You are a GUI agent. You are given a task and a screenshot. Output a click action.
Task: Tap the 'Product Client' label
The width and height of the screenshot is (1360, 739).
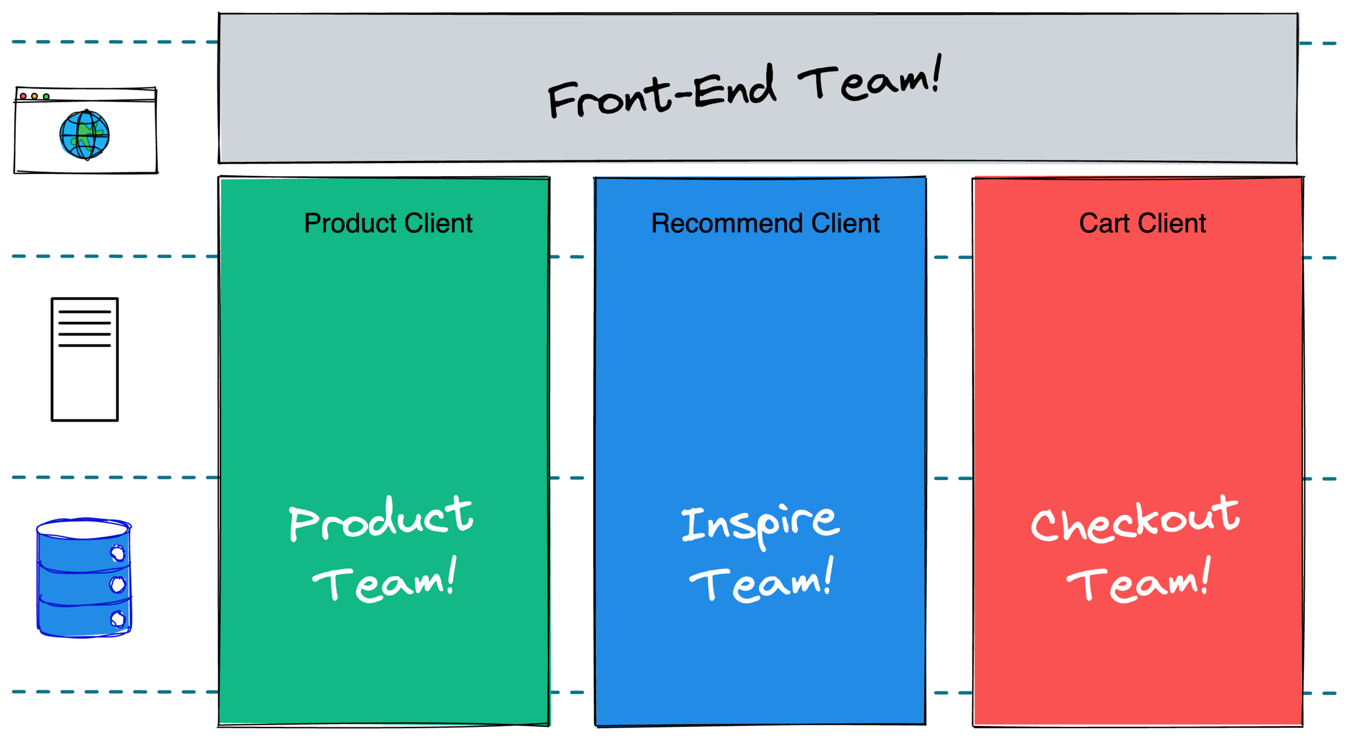click(x=388, y=223)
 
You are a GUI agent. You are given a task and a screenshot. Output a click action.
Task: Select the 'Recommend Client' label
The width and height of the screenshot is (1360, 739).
click(x=765, y=223)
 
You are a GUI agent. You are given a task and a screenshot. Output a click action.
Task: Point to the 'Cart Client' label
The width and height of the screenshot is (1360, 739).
click(x=1142, y=223)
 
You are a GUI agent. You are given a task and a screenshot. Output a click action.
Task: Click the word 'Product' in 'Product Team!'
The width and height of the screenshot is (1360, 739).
click(x=381, y=519)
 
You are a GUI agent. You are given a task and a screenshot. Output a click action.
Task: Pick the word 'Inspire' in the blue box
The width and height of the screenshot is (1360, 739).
click(x=760, y=524)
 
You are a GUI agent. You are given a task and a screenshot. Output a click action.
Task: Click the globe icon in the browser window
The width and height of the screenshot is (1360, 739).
click(x=84, y=135)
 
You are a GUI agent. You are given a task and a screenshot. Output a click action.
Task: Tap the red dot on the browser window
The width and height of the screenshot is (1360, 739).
click(x=23, y=96)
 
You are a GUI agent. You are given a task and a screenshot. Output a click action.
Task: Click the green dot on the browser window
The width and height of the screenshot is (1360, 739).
click(x=47, y=97)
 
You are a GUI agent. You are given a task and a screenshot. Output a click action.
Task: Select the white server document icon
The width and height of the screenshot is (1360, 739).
click(x=84, y=359)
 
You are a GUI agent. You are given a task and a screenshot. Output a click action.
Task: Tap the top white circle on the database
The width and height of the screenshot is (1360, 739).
click(x=118, y=553)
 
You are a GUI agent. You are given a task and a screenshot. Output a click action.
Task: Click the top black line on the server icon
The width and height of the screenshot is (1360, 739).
click(x=84, y=312)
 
